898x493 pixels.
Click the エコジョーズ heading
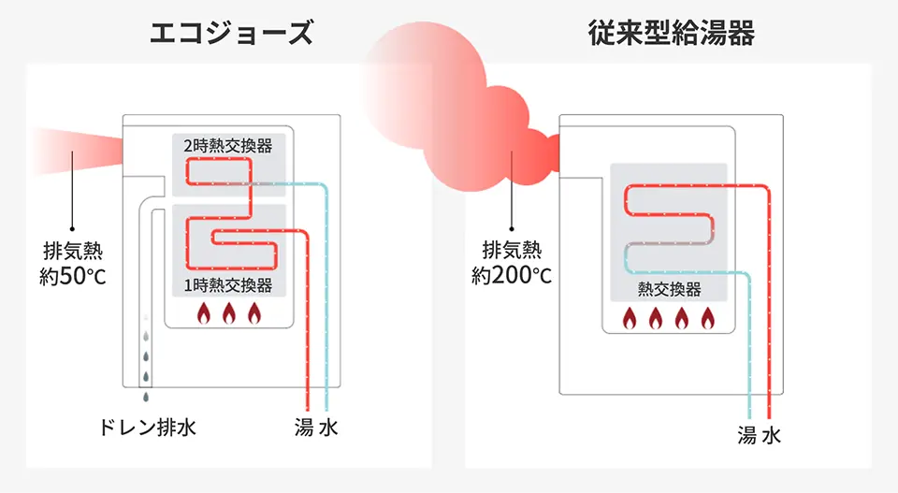pos(230,34)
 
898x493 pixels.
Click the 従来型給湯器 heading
pos(672,34)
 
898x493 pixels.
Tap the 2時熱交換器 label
pos(228,146)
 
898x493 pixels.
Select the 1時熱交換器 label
pos(228,285)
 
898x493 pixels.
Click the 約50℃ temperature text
pos(72,276)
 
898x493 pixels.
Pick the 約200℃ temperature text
pos(511,275)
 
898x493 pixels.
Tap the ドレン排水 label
pos(148,428)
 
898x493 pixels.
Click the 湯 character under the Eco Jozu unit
pos(303,428)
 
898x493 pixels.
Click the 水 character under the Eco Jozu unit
pos(327,428)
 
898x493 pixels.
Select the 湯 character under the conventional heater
pos(746,435)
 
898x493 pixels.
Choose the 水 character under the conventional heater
pos(771,435)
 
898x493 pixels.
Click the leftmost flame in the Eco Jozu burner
pos(203,314)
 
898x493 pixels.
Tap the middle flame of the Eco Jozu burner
pos(228,314)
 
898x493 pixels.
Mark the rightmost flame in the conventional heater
pos(707,318)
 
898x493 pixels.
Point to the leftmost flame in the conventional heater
pos(630,318)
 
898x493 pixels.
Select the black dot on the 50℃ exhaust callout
pos(72,230)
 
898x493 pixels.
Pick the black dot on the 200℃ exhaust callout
pos(512,228)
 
